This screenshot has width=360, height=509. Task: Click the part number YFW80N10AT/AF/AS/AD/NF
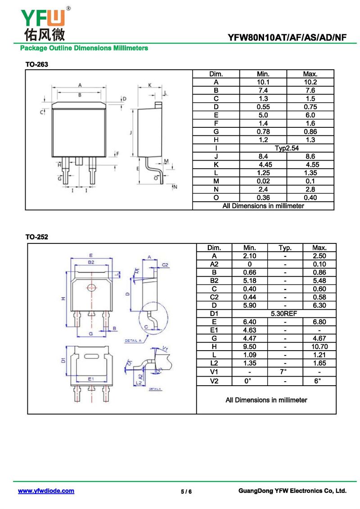click(x=288, y=38)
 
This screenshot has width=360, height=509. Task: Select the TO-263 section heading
click(x=36, y=64)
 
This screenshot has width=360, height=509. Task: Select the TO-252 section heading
click(x=36, y=237)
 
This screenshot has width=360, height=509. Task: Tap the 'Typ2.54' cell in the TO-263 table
click(x=287, y=148)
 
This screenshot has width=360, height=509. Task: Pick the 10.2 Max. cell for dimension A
click(x=310, y=82)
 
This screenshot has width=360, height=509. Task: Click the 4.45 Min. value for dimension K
click(x=262, y=164)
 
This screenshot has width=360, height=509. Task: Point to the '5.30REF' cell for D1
click(x=284, y=314)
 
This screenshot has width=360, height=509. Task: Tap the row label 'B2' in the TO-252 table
click(x=214, y=280)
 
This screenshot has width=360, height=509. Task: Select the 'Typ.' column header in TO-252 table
click(x=285, y=248)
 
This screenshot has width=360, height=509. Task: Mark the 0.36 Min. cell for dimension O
click(x=262, y=198)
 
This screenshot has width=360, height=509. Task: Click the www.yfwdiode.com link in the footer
click(x=46, y=491)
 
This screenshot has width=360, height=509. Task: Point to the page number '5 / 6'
click(x=186, y=491)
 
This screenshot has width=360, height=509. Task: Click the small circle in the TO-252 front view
click(x=91, y=288)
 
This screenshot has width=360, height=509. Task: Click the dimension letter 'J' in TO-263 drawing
click(x=130, y=132)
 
